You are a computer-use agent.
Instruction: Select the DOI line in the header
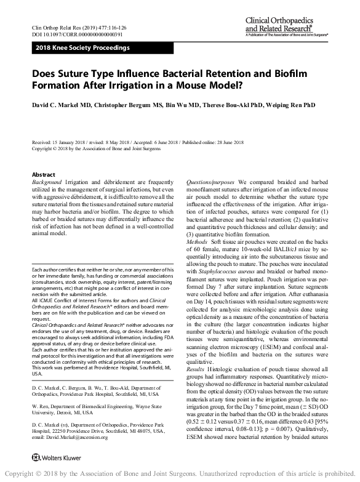pyautogui.click(x=68, y=36)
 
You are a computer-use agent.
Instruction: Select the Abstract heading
pyautogui.click(x=43, y=175)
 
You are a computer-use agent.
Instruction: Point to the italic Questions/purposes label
pyautogui.click(x=210, y=183)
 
